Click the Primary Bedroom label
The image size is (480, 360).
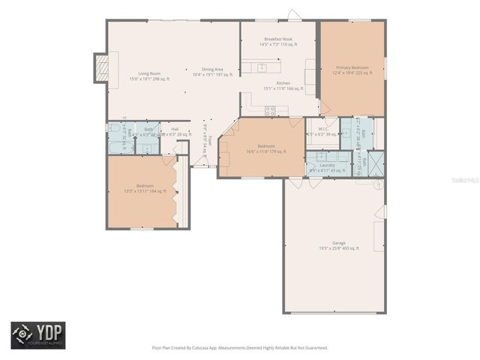click(x=352, y=67)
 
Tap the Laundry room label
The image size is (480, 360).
click(x=327, y=166)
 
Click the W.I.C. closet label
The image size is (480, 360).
click(x=323, y=129)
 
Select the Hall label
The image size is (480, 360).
click(x=175, y=130)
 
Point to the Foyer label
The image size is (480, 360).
click(x=210, y=140)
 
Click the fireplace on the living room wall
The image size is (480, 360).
click(x=99, y=64)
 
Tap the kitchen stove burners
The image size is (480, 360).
click(x=271, y=111)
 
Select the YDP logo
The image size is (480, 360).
click(x=37, y=334)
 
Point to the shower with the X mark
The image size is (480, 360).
click(x=374, y=162)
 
